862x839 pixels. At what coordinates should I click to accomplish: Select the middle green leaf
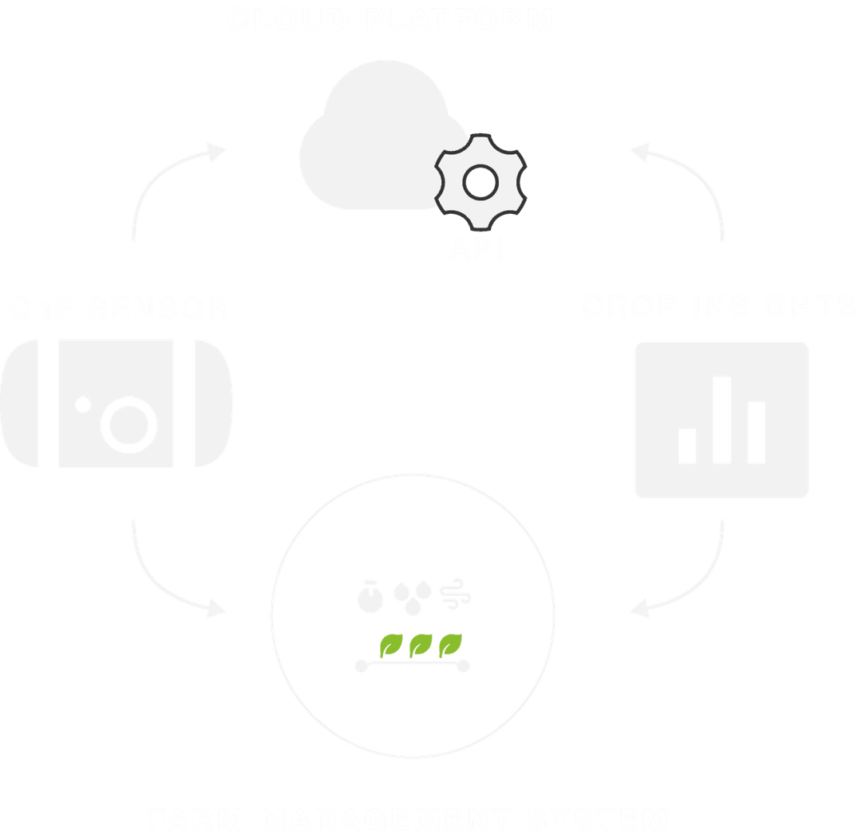pyautogui.click(x=419, y=643)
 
